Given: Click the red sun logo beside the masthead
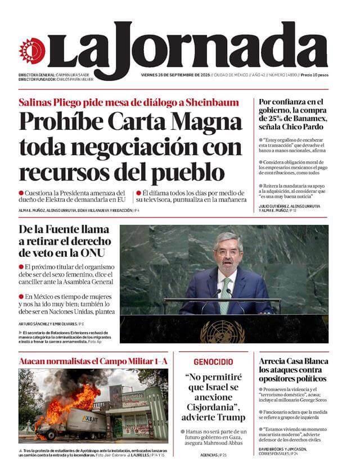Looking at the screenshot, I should pyautogui.click(x=31, y=51).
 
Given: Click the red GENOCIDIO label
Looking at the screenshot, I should pyautogui.click(x=213, y=362).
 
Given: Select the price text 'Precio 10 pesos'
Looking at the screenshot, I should pyautogui.click(x=314, y=75).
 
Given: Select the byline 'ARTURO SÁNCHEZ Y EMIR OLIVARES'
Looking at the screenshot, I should pyautogui.click(x=47, y=324).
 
